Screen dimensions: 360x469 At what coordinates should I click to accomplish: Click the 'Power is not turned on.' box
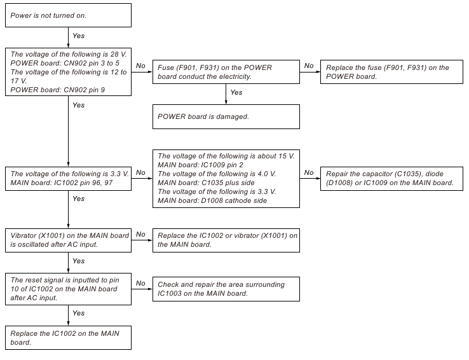pos(67,15)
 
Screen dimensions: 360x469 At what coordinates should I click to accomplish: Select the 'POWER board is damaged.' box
pos(226,117)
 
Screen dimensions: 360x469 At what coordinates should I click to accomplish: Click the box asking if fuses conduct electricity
pos(226,72)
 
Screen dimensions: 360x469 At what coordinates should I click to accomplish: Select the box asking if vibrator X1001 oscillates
pos(67,240)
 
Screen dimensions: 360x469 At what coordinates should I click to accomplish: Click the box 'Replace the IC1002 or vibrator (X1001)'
pos(226,240)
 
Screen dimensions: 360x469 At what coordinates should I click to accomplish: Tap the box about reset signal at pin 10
pos(67,289)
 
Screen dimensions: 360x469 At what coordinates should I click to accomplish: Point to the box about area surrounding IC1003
pos(226,289)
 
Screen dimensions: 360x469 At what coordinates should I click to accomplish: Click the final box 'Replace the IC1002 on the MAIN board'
pos(67,338)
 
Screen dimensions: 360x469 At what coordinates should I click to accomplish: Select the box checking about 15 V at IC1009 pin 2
pos(226,178)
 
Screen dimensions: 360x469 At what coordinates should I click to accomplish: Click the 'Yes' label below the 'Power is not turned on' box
pos(79,36)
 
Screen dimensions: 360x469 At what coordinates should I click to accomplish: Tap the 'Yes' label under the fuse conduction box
pos(236,92)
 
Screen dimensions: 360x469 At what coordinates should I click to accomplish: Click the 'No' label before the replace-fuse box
pos(309,66)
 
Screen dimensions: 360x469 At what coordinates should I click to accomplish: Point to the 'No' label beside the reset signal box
pos(140,283)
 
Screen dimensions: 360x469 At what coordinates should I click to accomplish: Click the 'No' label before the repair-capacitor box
pos(309,172)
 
